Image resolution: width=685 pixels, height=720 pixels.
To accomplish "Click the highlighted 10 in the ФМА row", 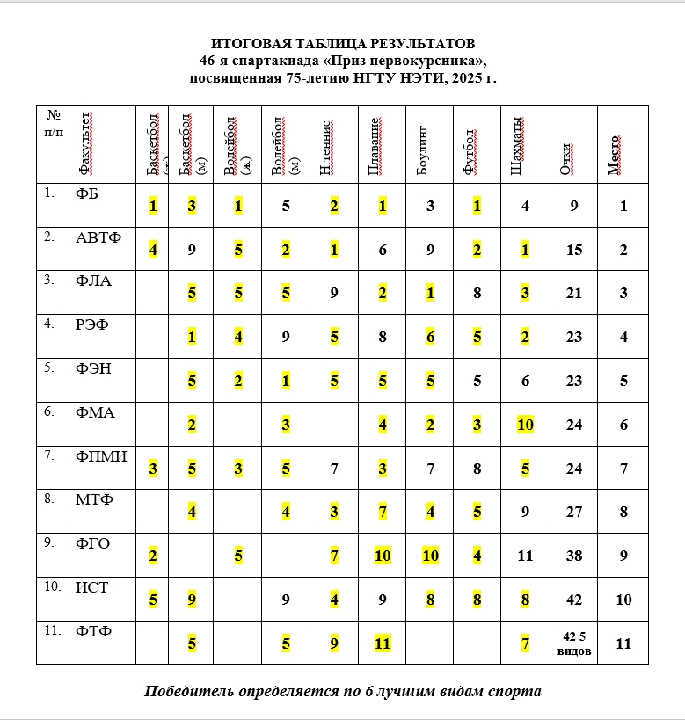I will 524,425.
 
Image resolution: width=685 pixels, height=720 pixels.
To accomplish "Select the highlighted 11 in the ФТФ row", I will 382,644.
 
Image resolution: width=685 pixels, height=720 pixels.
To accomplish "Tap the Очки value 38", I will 573,556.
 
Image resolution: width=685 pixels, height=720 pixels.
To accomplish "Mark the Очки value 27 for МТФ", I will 573,513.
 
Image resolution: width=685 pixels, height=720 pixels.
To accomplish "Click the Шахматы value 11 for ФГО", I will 524,556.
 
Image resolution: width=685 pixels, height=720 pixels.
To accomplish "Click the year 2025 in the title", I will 463,78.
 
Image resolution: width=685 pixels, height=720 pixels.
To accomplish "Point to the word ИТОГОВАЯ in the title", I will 249,43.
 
